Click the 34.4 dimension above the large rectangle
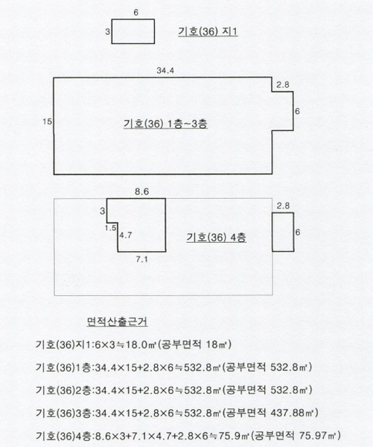[x=165, y=71]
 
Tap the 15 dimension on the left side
[x=48, y=121]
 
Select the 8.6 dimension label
[x=142, y=191]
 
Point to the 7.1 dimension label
[x=141, y=259]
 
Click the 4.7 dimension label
[x=126, y=235]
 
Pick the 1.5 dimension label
[x=111, y=228]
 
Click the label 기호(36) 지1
[x=208, y=31]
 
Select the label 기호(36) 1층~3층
[x=165, y=124]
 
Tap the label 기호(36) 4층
[x=217, y=238]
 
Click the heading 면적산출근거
[x=117, y=322]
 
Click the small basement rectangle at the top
[x=133, y=19]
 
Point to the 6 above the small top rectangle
[x=136, y=13]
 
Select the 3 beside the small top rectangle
[x=107, y=31]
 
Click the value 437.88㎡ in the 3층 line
[x=294, y=413]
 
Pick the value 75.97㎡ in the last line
[x=318, y=435]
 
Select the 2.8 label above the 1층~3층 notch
[x=283, y=85]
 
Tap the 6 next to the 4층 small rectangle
[x=298, y=232]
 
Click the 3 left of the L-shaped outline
[x=102, y=212]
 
